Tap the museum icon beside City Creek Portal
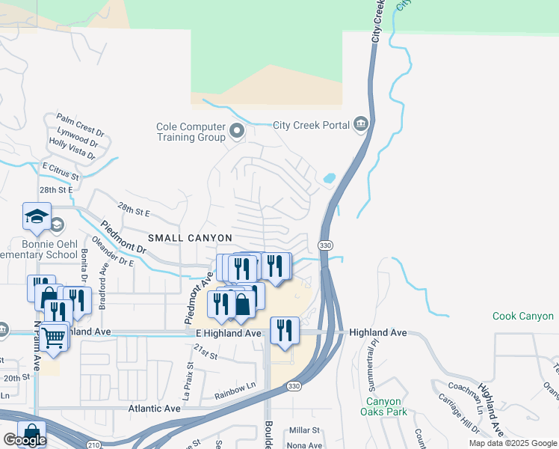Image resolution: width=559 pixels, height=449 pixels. (x=362, y=124)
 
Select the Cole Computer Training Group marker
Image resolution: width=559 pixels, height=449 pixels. (x=238, y=132)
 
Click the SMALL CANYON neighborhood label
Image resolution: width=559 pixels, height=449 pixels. (x=190, y=237)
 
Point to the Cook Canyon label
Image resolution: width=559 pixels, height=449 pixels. (x=523, y=317)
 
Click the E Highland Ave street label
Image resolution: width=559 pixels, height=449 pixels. (x=228, y=333)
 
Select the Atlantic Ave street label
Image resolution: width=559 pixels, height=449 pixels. (x=155, y=409)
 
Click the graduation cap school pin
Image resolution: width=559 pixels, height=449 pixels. (x=37, y=216)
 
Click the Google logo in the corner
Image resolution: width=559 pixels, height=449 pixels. (x=24, y=440)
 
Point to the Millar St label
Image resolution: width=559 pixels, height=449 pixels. (x=304, y=430)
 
